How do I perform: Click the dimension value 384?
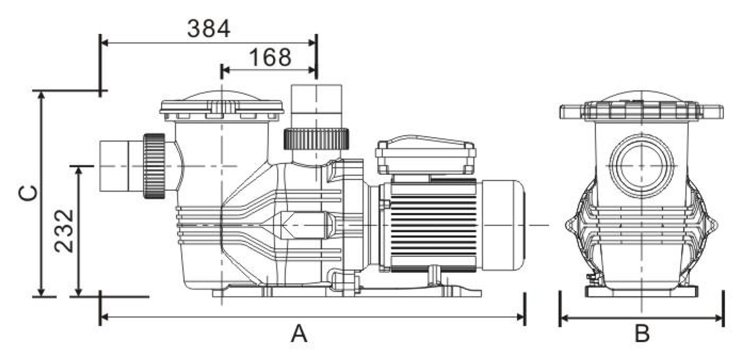[x=209, y=28]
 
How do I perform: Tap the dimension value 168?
[x=270, y=57]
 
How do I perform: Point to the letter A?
[x=299, y=334]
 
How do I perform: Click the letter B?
[x=642, y=334]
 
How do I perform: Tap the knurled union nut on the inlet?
[x=154, y=166]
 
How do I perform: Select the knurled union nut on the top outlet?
[x=316, y=138]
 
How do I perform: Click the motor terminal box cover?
[x=425, y=154]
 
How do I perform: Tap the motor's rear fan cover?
[x=503, y=224]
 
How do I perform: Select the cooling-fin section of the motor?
[x=431, y=224]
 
